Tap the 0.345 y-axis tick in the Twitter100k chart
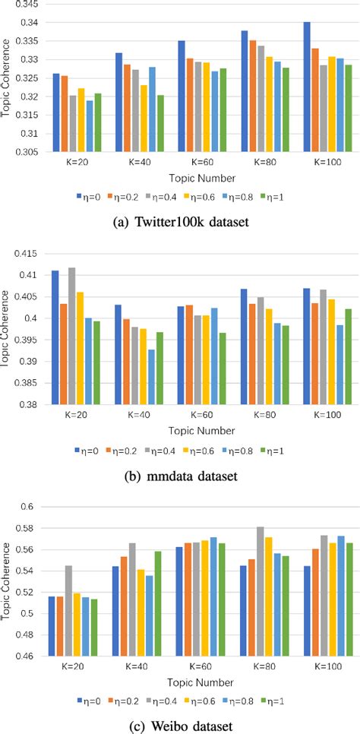[x=33, y=5]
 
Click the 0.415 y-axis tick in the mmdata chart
[x=33, y=253]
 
